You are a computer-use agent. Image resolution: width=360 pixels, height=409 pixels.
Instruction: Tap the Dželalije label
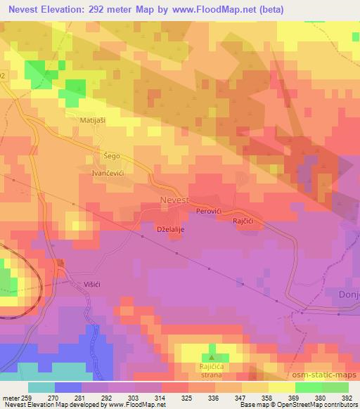pos(171,228)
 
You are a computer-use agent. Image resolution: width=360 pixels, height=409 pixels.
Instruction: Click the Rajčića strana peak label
pos(211,371)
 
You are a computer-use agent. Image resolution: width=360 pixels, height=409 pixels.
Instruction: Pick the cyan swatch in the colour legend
pos(41,387)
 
